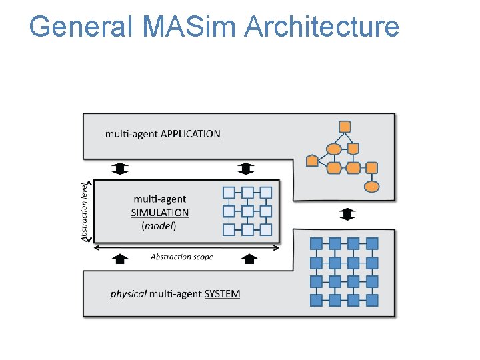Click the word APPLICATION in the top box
tap(190, 134)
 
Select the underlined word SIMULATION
tap(160, 213)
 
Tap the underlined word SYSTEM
tap(222, 294)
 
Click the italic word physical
tap(129, 294)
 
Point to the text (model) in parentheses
tap(159, 226)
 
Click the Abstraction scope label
tap(181, 257)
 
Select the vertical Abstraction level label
tap(85, 211)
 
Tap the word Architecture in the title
tap(322, 27)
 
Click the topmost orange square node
tap(345, 126)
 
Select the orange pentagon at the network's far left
tap(312, 161)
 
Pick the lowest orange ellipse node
tap(372, 187)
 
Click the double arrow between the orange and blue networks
tap(347, 214)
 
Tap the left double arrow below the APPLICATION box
tap(120, 168)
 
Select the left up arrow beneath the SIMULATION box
tap(120, 259)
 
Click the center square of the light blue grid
tap(247, 211)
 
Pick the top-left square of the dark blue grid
tap(317, 243)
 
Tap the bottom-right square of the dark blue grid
tap(372, 299)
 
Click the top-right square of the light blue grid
tap(266, 193)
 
